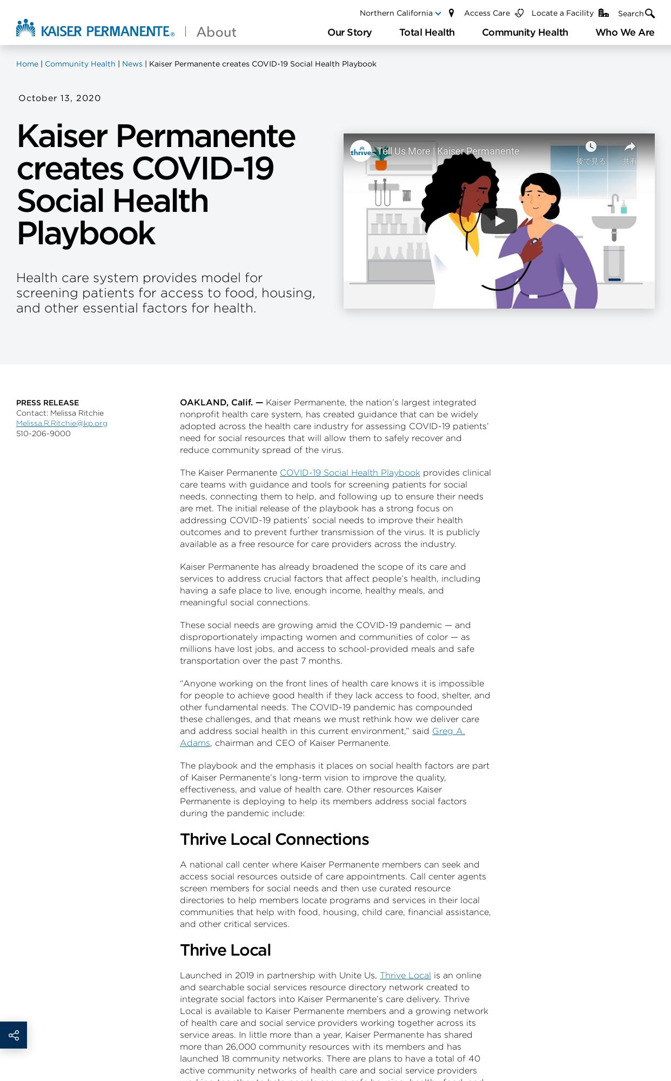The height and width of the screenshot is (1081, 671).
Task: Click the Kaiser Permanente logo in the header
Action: (x=95, y=30)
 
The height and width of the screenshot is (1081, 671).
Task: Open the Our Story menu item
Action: (x=350, y=32)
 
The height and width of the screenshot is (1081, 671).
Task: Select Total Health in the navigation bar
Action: (x=427, y=32)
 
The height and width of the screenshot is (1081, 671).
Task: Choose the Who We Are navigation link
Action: (x=625, y=32)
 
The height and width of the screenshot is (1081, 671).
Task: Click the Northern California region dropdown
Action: (x=400, y=13)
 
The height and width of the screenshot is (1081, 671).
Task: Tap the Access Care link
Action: (x=487, y=13)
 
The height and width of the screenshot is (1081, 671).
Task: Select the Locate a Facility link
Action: (x=563, y=13)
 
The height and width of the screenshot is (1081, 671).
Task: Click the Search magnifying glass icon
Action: (x=650, y=14)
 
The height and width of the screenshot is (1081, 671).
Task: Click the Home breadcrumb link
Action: (x=27, y=64)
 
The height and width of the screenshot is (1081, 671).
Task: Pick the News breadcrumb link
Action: (x=132, y=64)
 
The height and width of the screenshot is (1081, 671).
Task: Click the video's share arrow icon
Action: (x=629, y=147)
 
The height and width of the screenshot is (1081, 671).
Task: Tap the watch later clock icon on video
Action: (x=591, y=147)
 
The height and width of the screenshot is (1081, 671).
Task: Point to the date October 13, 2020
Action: (x=59, y=98)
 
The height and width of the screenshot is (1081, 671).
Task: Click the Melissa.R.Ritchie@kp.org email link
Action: (x=62, y=423)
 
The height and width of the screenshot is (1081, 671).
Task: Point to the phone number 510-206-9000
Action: (x=43, y=433)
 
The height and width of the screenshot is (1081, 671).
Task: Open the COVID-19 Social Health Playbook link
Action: (x=350, y=472)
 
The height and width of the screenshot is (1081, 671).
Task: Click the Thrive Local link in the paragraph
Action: (x=405, y=975)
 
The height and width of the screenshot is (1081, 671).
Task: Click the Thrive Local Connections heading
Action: (x=274, y=839)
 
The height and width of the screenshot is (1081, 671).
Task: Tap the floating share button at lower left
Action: (x=14, y=1035)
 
